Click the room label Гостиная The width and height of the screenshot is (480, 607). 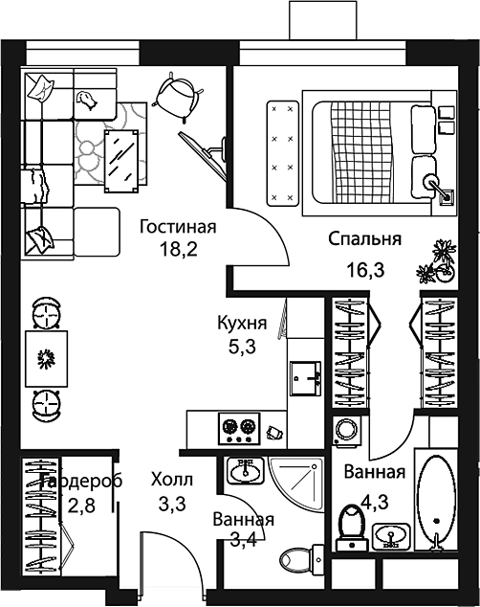point(177,228)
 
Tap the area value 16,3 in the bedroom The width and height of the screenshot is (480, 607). point(365,270)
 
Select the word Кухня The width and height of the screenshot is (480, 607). point(241,324)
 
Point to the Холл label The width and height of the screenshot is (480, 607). point(172,478)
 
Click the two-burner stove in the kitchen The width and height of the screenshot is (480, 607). point(240,427)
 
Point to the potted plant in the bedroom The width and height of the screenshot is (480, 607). point(439,259)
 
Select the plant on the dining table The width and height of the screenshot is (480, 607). point(45,358)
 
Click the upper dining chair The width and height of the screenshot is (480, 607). point(45,312)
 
